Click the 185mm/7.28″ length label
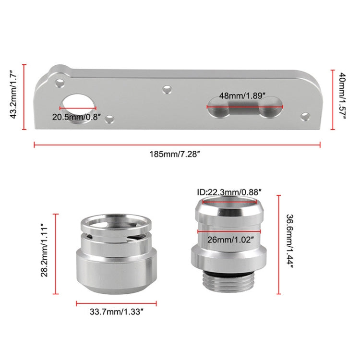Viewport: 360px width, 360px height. (x=176, y=155)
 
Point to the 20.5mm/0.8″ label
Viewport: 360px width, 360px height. (x=77, y=116)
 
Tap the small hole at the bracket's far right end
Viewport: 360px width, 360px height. (x=304, y=116)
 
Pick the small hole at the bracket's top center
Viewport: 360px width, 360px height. (x=167, y=89)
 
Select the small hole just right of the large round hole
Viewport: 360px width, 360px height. (x=110, y=118)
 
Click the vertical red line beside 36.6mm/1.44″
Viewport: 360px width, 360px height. (x=278, y=244)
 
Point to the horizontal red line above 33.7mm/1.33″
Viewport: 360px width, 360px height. (x=116, y=303)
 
